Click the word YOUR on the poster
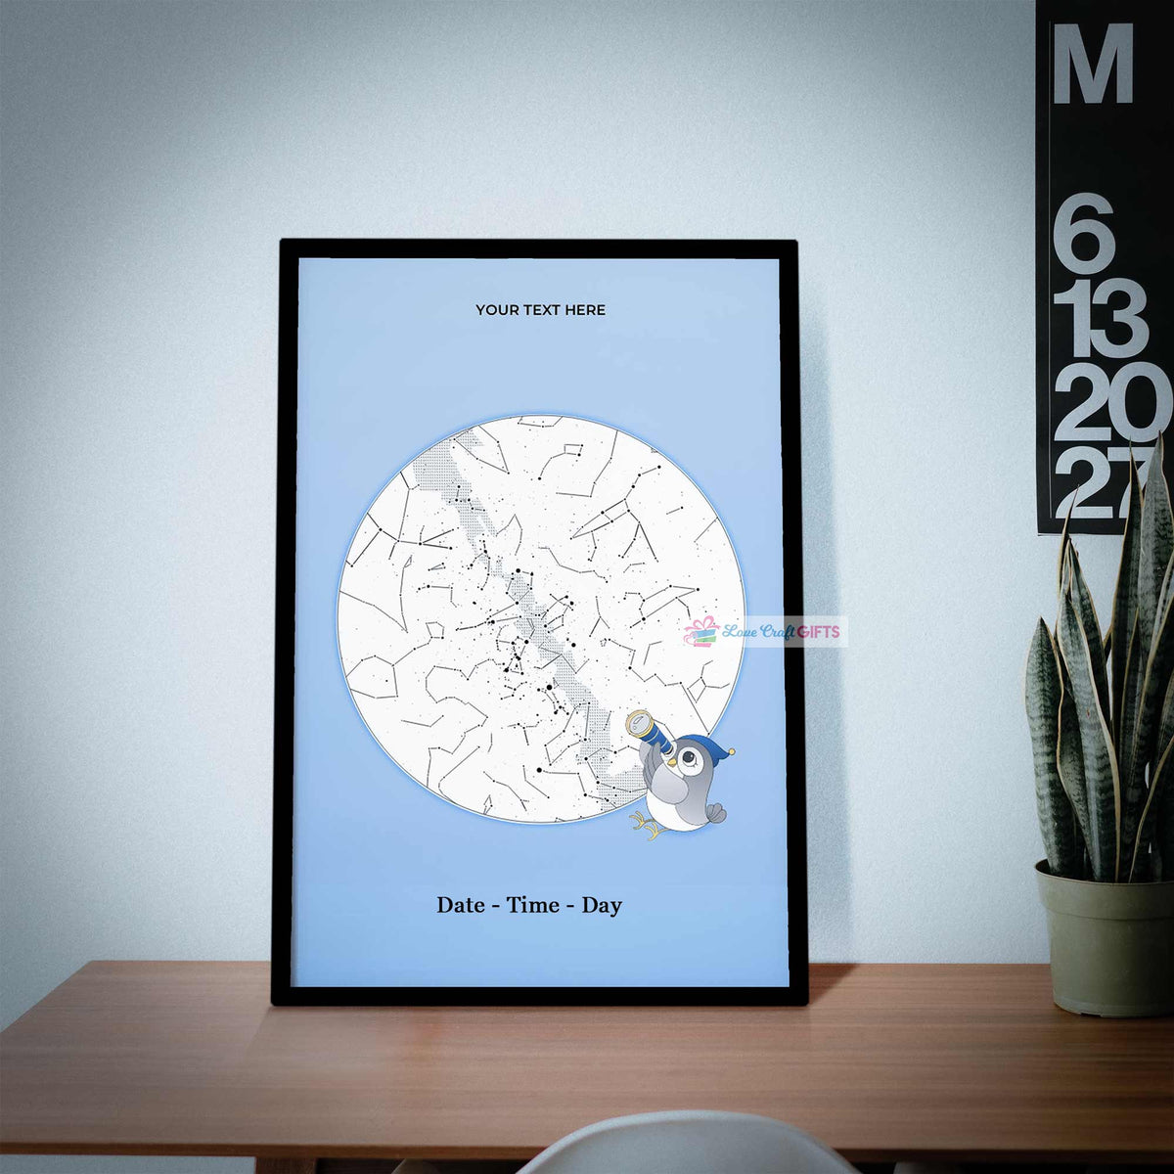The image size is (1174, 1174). pyautogui.click(x=496, y=310)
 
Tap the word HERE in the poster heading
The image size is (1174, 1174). pyautogui.click(x=584, y=310)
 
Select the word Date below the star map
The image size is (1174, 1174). pyautogui.click(x=460, y=905)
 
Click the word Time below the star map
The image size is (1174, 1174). pyautogui.click(x=533, y=905)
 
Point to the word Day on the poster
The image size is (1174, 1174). pyautogui.click(x=602, y=905)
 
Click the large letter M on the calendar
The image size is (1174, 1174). pyautogui.click(x=1093, y=64)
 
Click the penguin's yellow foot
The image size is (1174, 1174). pyautogui.click(x=646, y=829)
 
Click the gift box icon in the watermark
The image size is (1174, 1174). pyautogui.click(x=700, y=632)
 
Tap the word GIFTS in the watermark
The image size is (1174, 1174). pyautogui.click(x=818, y=632)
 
